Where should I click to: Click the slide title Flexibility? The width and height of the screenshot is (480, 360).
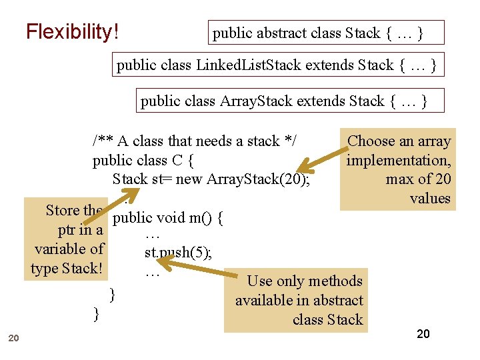pyautogui.click(x=72, y=31)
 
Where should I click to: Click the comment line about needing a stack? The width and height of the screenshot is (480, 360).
pyautogui.click(x=194, y=141)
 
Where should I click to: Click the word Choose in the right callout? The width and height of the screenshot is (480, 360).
pyautogui.click(x=371, y=141)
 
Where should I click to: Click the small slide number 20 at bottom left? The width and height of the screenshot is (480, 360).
pyautogui.click(x=13, y=339)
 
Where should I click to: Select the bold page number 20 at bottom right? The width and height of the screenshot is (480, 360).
pyautogui.click(x=423, y=334)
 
